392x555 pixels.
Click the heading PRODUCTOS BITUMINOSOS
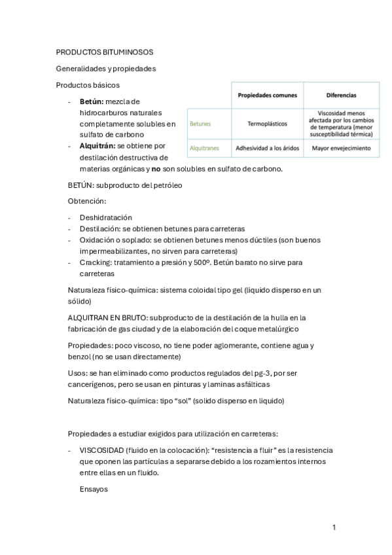(x=105, y=52)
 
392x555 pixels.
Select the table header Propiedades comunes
(x=266, y=95)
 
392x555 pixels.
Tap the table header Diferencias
(x=341, y=95)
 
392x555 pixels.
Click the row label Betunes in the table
(x=200, y=123)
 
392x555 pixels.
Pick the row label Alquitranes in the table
(x=204, y=149)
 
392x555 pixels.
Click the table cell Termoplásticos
(x=266, y=123)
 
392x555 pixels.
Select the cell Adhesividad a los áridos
(x=266, y=149)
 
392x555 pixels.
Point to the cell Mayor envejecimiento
(x=341, y=149)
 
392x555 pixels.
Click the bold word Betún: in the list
(x=92, y=101)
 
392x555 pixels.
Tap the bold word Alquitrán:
(x=98, y=146)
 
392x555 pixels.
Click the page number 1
(x=334, y=528)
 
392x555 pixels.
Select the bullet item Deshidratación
(x=106, y=217)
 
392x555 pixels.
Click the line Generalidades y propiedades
(x=105, y=69)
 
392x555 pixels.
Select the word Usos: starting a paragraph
(x=78, y=373)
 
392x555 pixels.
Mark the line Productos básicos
(x=88, y=85)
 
